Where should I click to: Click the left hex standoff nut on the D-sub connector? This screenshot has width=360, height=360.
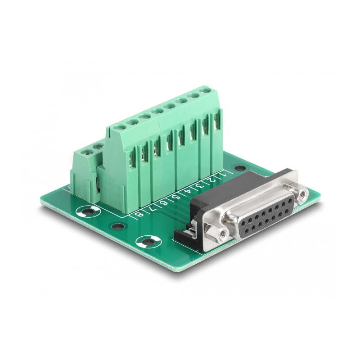pyautogui.click(x=221, y=234)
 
